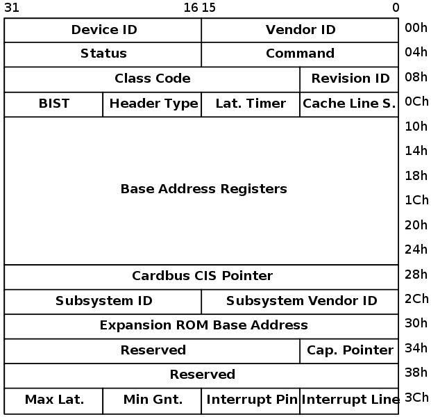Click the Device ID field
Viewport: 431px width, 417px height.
point(103,30)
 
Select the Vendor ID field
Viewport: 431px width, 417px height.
point(300,30)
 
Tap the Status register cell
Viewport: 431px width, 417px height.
point(103,54)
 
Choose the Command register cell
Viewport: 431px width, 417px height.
point(300,54)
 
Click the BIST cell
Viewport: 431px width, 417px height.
point(54,104)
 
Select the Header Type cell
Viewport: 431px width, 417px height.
point(153,104)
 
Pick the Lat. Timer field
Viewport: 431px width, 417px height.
point(251,104)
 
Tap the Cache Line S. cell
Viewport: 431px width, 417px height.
point(350,104)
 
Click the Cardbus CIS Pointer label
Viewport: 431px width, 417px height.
point(202,277)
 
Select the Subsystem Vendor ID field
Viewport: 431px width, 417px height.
point(301,302)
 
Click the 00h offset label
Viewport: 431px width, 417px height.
point(416,28)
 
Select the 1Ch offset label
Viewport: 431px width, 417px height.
point(416,200)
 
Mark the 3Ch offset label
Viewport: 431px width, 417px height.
point(416,398)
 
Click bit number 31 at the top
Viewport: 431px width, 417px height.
point(11,8)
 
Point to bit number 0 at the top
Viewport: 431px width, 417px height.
point(395,8)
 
